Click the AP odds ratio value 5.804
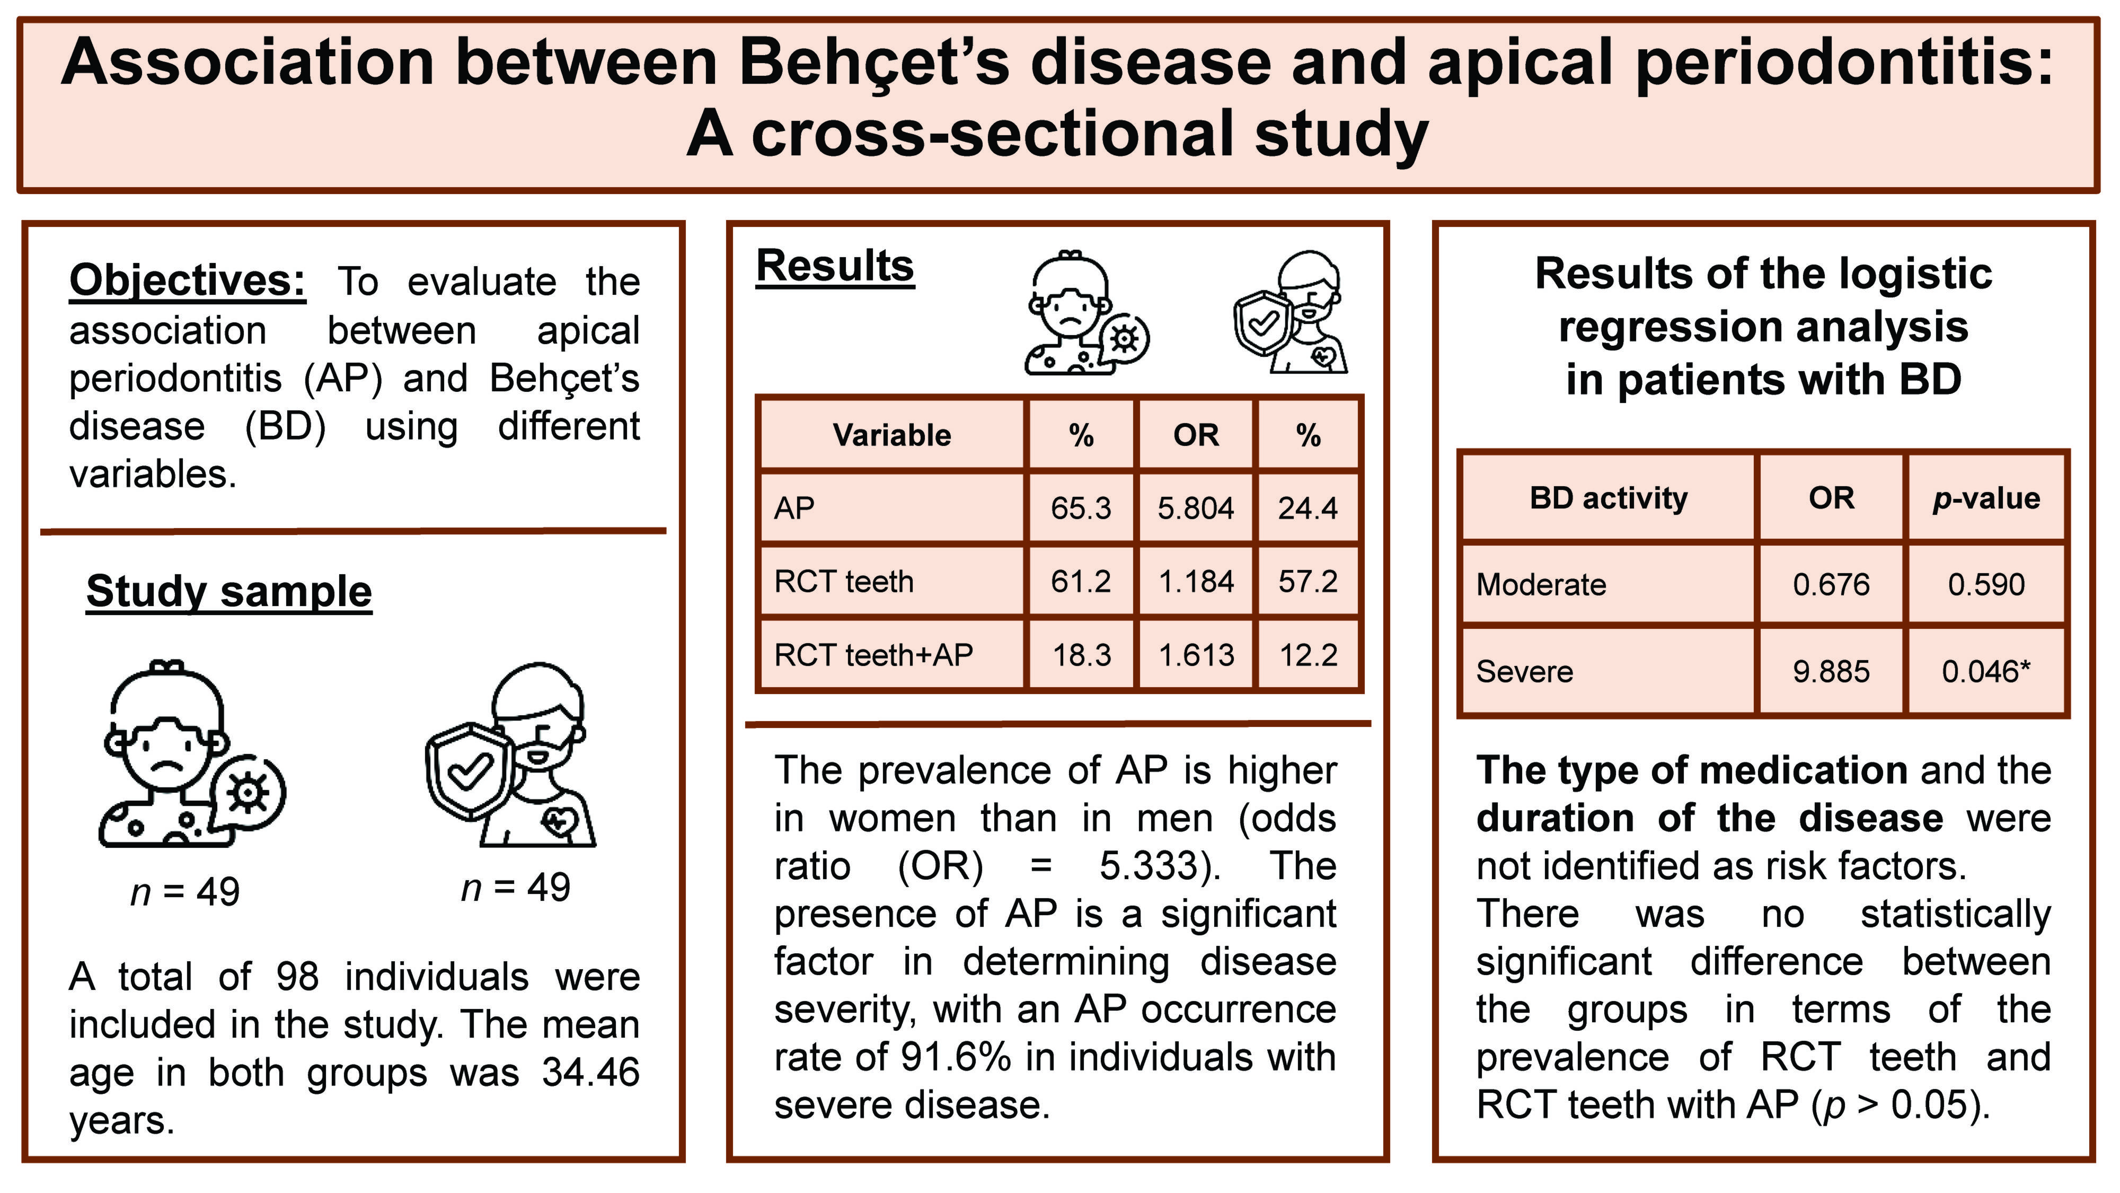pyautogui.click(x=1195, y=508)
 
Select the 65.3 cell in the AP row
pyautogui.click(x=1081, y=508)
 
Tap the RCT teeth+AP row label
pyautogui.click(x=873, y=654)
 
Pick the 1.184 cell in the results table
pyautogui.click(x=1195, y=581)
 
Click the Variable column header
pyautogui.click(x=891, y=435)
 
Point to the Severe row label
pyautogui.click(x=1524, y=671)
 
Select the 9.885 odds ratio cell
pyautogui.click(x=1831, y=671)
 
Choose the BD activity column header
pyautogui.click(x=1608, y=498)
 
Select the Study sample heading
pyautogui.click(x=229, y=591)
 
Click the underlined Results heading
pyautogui.click(x=835, y=266)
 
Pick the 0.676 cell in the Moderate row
pyautogui.click(x=1831, y=584)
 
